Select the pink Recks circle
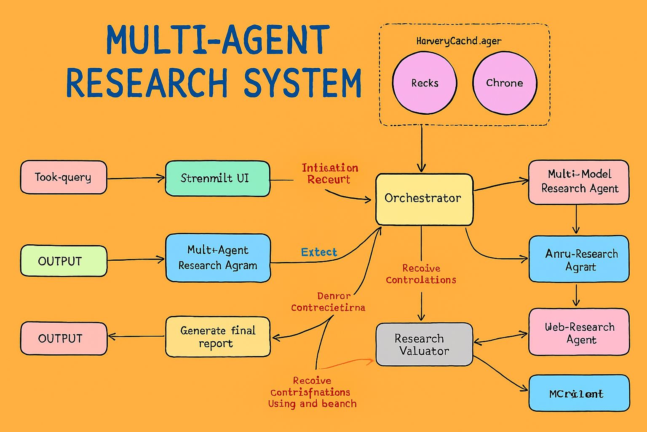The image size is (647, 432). [425, 83]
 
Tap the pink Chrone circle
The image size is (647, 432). [505, 83]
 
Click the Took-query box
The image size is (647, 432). [64, 177]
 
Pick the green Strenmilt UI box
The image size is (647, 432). [217, 178]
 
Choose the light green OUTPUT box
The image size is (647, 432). [64, 261]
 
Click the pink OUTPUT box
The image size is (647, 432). [64, 338]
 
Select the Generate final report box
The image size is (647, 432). [218, 337]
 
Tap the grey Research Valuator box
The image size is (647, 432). [424, 344]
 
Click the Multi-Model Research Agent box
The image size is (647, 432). [579, 182]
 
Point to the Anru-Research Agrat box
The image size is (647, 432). [579, 259]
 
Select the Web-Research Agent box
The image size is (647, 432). [579, 332]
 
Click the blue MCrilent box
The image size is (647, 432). [579, 393]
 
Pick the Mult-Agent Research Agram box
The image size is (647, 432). [218, 258]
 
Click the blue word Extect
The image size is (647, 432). [319, 252]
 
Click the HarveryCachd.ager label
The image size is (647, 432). [459, 41]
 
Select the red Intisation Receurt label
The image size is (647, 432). [330, 173]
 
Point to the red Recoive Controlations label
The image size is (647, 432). [421, 274]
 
